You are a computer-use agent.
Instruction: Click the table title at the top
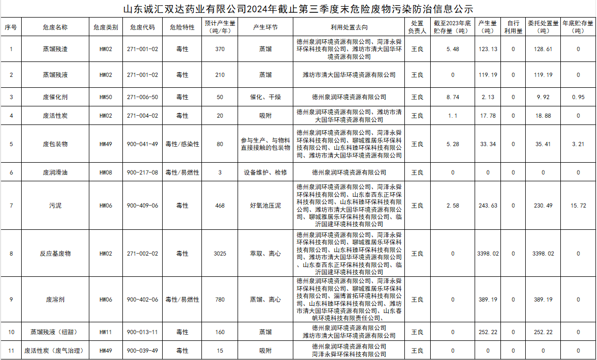coord(298,9)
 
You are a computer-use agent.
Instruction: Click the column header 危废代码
coord(143,27)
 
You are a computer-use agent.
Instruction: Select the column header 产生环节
coord(265,27)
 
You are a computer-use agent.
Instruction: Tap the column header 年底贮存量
coord(578,27)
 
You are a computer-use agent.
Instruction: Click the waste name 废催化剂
coord(55,97)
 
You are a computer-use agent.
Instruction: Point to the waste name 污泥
coord(55,206)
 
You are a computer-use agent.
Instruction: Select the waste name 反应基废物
coord(55,254)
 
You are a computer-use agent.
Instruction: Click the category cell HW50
coord(106,97)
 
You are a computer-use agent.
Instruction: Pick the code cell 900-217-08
coord(143,173)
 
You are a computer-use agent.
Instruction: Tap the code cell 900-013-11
coord(143,332)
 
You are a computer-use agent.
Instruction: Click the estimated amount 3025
coord(220,254)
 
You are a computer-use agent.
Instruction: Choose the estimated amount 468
coord(220,206)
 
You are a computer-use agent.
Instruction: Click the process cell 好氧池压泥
coord(265,206)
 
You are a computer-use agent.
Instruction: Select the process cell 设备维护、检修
coord(265,173)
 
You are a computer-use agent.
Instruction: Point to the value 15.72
coord(578,206)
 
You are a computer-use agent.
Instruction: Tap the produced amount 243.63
coord(488,206)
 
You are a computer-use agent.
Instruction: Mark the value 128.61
coord(543,49)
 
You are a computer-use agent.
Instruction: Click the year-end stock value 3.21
coord(578,144)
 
